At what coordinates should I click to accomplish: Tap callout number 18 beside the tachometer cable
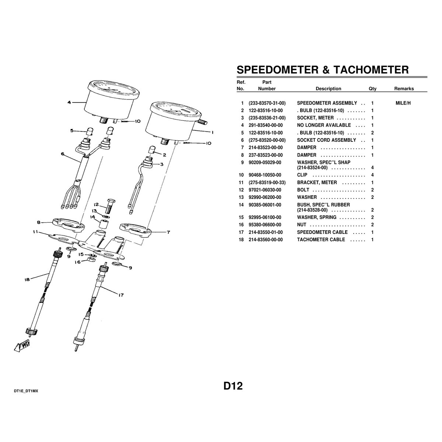pos(27,280)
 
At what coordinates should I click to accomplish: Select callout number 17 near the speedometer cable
pos(121,295)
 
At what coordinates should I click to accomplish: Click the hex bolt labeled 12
pos(110,206)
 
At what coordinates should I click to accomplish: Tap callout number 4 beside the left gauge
pos(69,102)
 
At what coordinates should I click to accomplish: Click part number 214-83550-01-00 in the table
pos(266,232)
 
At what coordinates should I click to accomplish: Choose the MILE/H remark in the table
pos(403,103)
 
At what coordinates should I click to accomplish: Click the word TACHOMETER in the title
pos(371,70)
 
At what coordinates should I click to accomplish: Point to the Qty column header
pos(372,89)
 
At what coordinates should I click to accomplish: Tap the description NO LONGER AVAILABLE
pos(324,125)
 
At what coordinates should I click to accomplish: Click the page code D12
pos(233,386)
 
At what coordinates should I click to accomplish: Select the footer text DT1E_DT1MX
pos(26,391)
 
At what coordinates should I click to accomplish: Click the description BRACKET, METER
pos(317,183)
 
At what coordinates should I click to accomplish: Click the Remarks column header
pos(404,89)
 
